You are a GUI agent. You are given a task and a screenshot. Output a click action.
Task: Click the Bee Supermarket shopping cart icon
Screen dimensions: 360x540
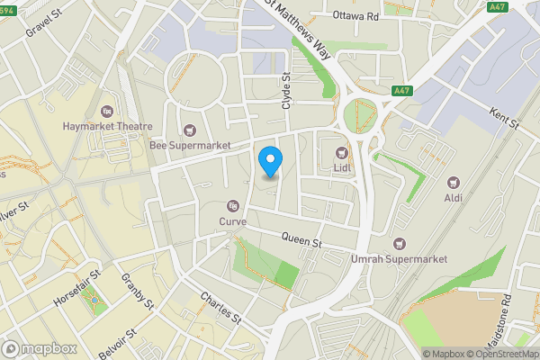[x=189, y=129]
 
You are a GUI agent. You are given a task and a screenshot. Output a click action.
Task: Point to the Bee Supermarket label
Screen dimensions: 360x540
[x=190, y=145]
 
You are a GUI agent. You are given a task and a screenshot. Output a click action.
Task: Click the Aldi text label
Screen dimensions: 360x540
[x=453, y=197]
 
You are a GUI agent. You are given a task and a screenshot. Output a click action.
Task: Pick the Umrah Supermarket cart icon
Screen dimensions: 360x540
[x=400, y=243]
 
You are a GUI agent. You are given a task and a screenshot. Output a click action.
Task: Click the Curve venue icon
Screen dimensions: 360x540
[x=233, y=204]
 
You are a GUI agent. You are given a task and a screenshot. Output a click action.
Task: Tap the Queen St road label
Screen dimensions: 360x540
[x=301, y=241]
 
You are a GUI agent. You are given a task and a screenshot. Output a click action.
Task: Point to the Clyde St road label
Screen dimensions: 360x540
[x=287, y=92]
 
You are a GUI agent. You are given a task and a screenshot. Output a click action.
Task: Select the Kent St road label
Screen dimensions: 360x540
[x=505, y=118]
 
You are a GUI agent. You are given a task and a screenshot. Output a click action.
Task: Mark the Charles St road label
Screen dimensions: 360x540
[x=221, y=307]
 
